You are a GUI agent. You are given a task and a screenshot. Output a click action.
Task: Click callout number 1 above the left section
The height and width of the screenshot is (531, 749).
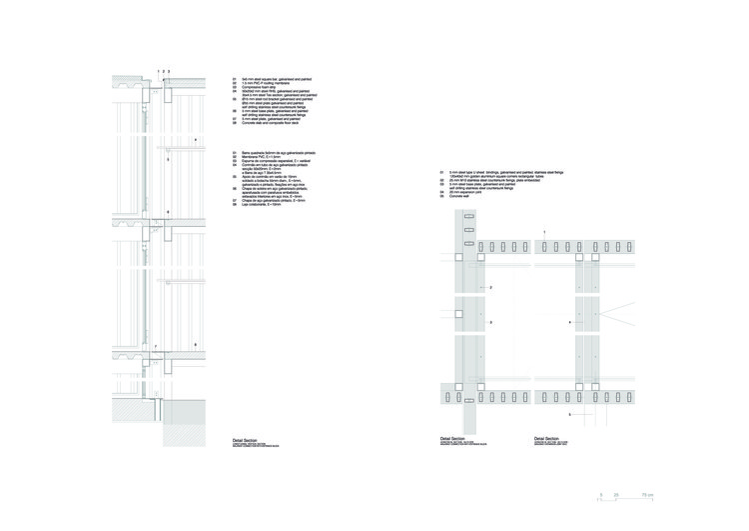point(158,72)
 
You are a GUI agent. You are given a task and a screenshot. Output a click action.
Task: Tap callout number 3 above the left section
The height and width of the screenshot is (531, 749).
point(171,72)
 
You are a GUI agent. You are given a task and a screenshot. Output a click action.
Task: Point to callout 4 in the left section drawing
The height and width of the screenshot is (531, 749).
point(196,139)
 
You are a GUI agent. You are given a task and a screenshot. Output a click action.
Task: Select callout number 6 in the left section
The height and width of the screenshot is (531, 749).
point(168,212)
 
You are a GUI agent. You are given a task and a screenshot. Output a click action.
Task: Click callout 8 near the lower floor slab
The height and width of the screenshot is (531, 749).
point(195,344)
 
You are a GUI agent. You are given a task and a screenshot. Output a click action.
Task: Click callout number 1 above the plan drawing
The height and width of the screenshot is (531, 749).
point(543,232)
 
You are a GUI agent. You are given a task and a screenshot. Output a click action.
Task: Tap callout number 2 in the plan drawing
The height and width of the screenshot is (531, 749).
point(491,288)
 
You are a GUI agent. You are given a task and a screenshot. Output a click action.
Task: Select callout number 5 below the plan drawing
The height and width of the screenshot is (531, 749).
point(570,413)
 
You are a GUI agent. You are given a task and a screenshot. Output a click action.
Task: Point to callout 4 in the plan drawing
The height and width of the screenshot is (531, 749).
point(570,323)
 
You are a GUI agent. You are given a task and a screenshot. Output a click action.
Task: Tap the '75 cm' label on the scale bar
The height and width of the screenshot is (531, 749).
point(647,494)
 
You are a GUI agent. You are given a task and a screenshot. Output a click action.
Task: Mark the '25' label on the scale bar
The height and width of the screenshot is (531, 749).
point(616,494)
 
